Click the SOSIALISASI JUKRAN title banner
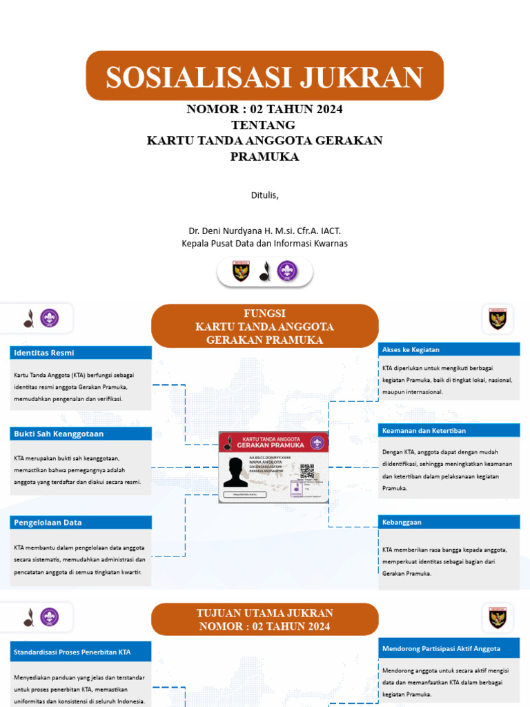click(264, 76)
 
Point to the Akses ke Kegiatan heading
click(449, 349)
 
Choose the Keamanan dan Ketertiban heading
click(449, 431)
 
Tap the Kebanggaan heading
click(449, 523)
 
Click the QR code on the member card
click(307, 472)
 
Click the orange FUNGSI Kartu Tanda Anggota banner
click(264, 326)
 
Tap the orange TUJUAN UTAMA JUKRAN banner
click(264, 619)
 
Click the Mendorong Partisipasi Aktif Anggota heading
click(449, 648)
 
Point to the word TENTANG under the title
click(264, 125)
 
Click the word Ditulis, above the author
click(264, 195)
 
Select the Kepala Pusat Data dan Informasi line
click(264, 244)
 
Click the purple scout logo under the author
click(286, 271)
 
